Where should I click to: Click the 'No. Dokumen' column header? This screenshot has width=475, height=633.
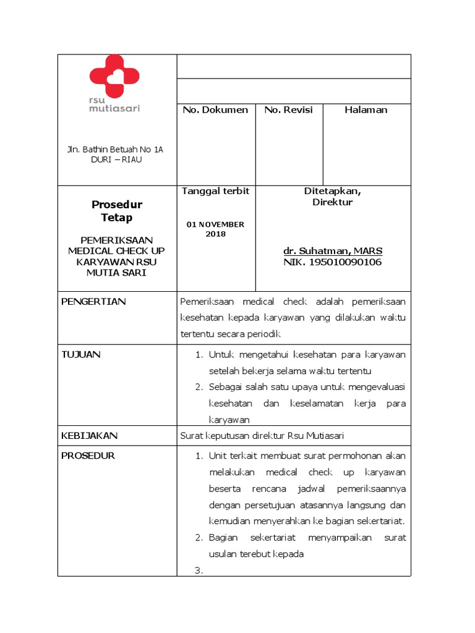(215, 110)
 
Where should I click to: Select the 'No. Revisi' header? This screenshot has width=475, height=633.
(288, 110)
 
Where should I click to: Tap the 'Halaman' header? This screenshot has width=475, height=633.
(366, 110)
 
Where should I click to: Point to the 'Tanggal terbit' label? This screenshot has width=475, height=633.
(215, 191)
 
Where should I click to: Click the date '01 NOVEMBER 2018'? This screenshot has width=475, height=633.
(215, 229)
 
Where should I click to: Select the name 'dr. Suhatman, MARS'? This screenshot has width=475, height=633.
(333, 251)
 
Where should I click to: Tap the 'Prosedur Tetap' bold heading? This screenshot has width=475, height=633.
(117, 211)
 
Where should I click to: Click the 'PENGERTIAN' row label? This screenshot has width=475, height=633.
(93, 302)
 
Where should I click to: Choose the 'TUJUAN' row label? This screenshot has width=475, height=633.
(81, 355)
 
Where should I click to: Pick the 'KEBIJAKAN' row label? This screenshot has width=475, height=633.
(89, 436)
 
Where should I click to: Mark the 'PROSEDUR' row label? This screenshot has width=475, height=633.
(88, 456)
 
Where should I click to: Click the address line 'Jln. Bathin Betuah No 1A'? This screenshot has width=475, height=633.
(115, 150)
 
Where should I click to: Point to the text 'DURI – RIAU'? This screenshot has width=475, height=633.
(115, 159)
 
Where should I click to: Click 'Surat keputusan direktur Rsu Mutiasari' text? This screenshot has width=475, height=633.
(261, 436)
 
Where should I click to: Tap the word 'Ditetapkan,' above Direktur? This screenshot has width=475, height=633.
(333, 191)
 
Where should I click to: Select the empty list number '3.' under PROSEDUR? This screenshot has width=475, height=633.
(199, 571)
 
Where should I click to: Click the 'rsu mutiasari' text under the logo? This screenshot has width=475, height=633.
(114, 104)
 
